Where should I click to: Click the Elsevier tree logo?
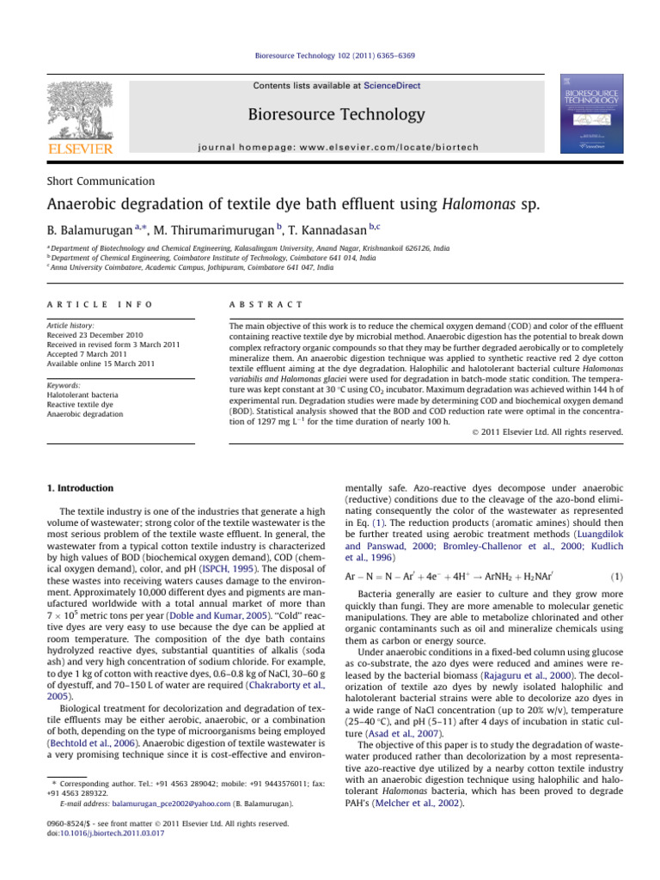(x=79, y=113)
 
